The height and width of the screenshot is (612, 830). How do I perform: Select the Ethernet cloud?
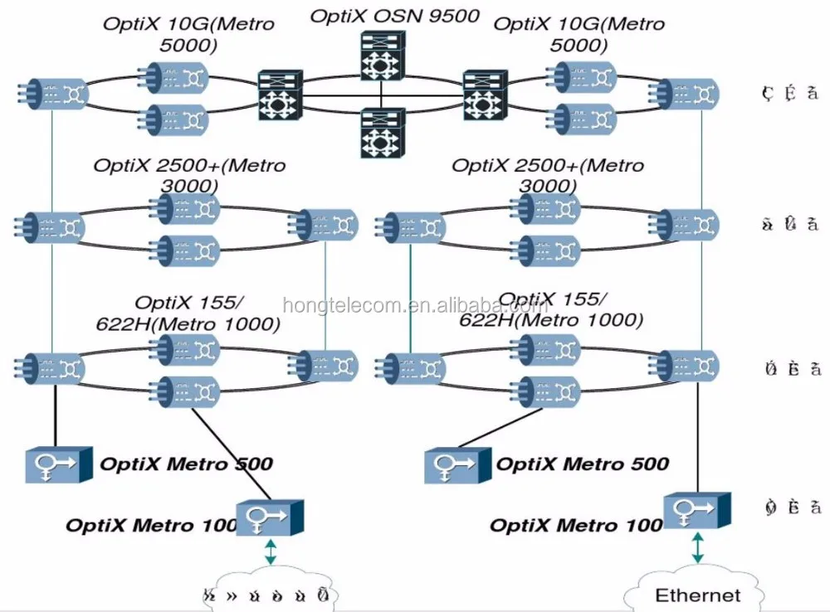pyautogui.click(x=697, y=592)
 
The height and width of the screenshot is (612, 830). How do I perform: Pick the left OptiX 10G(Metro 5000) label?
pyautogui.click(x=188, y=33)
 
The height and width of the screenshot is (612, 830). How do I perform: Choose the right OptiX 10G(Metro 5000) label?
pyautogui.click(x=579, y=33)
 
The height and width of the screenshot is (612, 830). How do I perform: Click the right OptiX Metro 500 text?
pyautogui.click(x=582, y=464)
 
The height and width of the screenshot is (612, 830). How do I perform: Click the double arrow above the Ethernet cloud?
pyautogui.click(x=697, y=548)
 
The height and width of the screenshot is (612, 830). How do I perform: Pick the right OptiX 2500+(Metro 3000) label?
pyautogui.click(x=547, y=175)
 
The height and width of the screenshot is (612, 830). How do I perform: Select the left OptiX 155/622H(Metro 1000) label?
pyautogui.click(x=207, y=313)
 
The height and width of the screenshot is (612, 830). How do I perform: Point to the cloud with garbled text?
pyautogui.click(x=271, y=594)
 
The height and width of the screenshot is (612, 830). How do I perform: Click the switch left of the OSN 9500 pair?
pyautogui.click(x=281, y=97)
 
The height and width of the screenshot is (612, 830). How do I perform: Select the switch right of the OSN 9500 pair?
pyautogui.click(x=486, y=97)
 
